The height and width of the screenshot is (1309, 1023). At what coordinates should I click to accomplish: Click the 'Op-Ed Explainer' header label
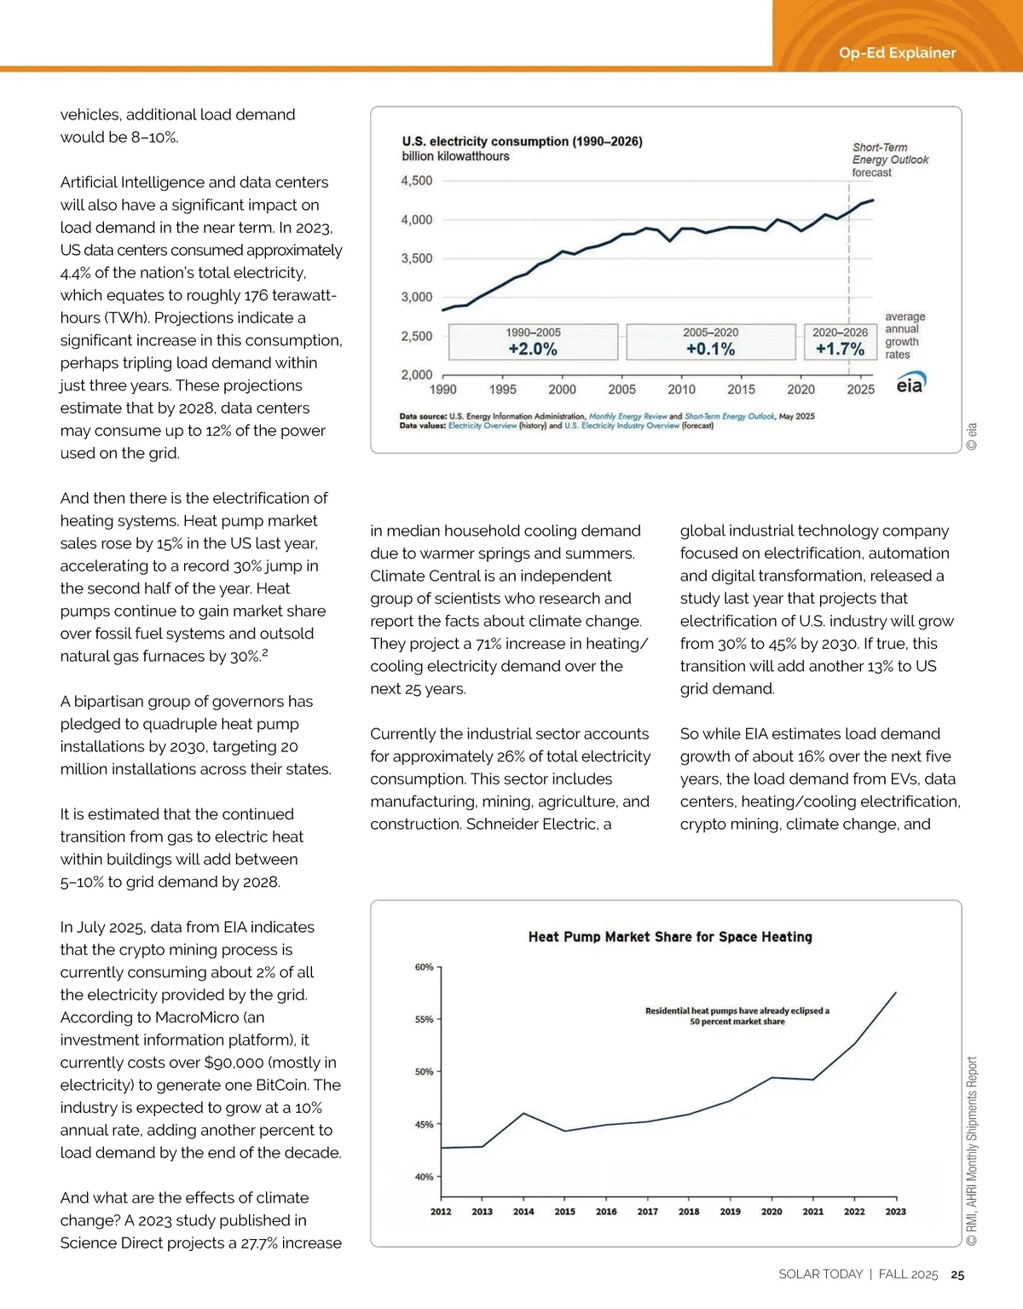click(x=897, y=53)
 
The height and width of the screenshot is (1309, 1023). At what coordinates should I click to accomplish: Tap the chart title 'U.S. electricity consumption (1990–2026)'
click(x=522, y=142)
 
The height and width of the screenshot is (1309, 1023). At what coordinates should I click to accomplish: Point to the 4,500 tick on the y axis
click(x=417, y=181)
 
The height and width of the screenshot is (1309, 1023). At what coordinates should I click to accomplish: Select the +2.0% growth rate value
click(x=533, y=349)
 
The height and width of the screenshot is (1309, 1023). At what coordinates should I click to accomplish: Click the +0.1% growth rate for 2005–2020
click(x=710, y=349)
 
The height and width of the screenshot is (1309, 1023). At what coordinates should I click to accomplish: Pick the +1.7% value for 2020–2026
click(x=840, y=349)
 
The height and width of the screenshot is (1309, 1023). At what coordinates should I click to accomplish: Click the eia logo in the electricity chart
click(x=910, y=384)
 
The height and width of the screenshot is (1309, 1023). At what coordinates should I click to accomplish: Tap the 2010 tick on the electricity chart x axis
click(x=681, y=390)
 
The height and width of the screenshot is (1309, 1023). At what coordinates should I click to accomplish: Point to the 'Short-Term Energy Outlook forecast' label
click(x=889, y=159)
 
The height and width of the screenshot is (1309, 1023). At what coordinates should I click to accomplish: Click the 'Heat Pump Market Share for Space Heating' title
click(x=670, y=936)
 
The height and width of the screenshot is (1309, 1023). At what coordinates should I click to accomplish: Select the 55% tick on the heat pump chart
click(x=424, y=1020)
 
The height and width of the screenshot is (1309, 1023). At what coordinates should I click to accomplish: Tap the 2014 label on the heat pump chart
click(x=523, y=1212)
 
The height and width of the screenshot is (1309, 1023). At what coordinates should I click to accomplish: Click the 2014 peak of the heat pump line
click(x=523, y=1113)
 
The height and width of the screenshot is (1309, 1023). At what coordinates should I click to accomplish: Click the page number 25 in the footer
click(x=957, y=1275)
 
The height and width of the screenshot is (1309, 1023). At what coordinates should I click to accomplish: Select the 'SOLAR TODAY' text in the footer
click(x=820, y=1274)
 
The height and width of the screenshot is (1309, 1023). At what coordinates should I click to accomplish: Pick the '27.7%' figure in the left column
click(x=252, y=1243)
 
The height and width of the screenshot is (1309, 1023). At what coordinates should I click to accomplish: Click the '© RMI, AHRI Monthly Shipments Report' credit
click(x=972, y=1151)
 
